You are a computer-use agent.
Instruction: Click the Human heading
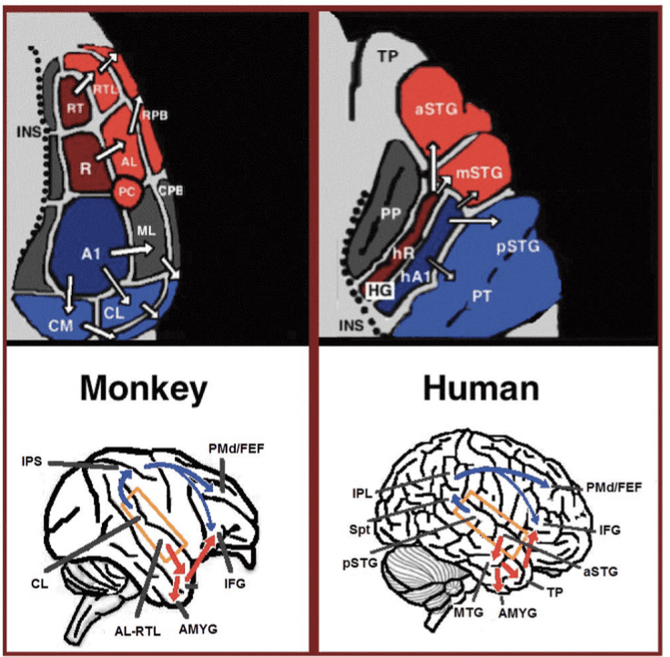click(482, 388)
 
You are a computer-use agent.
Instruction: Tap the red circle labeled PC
click(127, 192)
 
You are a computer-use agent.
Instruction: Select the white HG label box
click(380, 290)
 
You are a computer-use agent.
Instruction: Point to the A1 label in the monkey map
click(91, 254)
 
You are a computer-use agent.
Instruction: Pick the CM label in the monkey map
click(61, 326)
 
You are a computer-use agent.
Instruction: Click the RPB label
click(155, 116)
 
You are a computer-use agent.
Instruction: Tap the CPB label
click(170, 190)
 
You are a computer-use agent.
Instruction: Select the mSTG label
click(480, 173)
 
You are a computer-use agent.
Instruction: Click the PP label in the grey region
click(391, 214)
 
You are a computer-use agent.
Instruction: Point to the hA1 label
click(415, 277)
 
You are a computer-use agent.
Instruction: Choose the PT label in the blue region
click(482, 296)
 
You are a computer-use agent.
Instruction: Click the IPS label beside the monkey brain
click(32, 461)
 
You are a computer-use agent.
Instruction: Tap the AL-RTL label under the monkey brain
click(137, 631)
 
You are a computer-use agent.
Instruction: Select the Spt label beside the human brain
click(360, 530)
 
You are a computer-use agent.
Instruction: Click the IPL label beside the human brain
click(362, 493)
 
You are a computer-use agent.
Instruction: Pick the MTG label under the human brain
click(468, 612)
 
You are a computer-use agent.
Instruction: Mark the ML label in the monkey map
click(147, 231)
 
